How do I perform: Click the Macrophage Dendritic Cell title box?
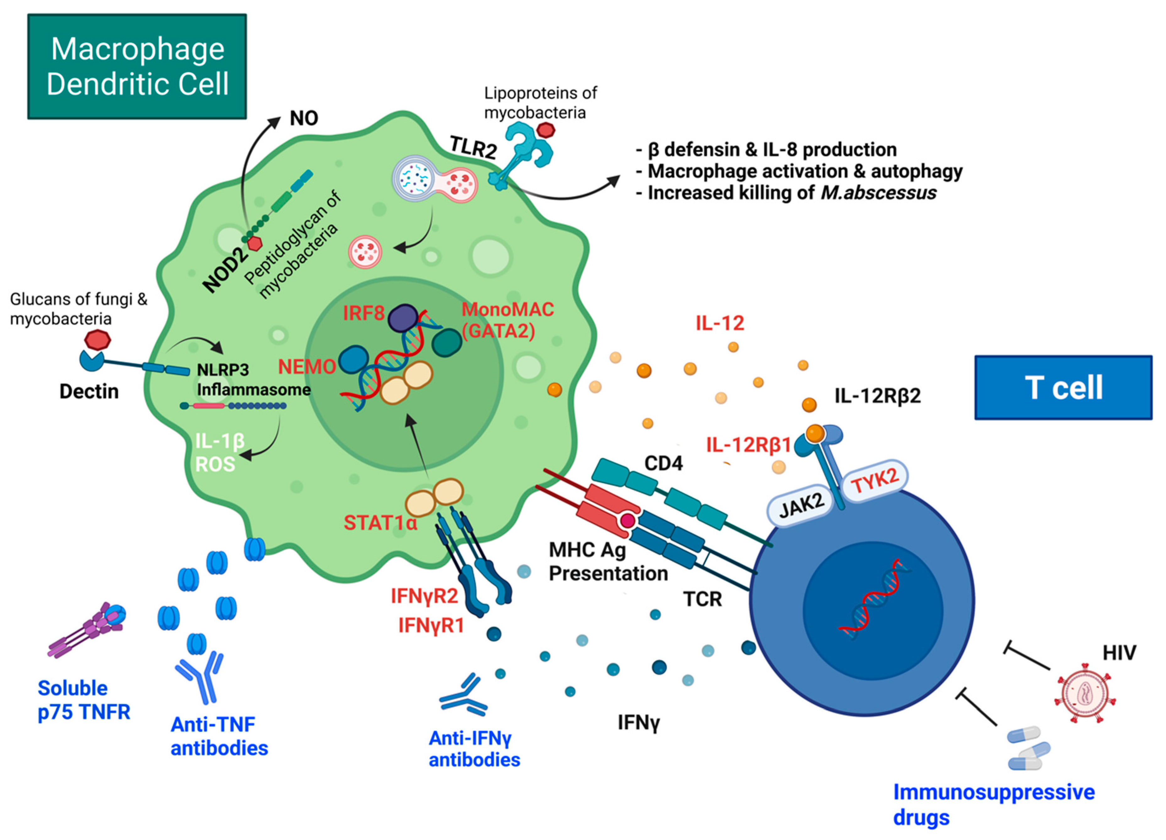pos(137,66)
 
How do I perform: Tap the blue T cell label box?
pos(1063,387)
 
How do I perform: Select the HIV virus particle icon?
pos(1085,693)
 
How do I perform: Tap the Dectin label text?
pos(89,391)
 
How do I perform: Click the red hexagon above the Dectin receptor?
pos(97,340)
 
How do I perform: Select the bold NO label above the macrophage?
pos(304,118)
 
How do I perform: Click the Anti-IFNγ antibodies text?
pos(474,749)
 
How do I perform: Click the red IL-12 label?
pos(720,323)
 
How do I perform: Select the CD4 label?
pos(663,463)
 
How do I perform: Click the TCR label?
pos(702,599)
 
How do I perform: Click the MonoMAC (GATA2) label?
pos(507,320)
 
